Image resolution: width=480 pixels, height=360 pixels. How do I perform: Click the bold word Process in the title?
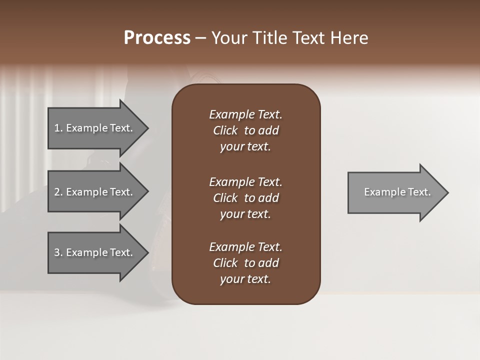coord(157,38)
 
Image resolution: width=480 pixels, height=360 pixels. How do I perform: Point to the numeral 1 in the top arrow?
coord(57,128)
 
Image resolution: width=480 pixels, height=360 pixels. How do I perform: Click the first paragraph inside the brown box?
coord(245,130)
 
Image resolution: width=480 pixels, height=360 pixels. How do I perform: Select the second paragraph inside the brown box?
coord(245,198)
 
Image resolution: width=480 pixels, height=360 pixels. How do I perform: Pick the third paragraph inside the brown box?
coord(245,263)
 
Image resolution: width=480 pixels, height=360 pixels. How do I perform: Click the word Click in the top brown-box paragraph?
coord(225,130)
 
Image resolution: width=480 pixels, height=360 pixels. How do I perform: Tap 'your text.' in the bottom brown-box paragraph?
coord(245,279)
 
